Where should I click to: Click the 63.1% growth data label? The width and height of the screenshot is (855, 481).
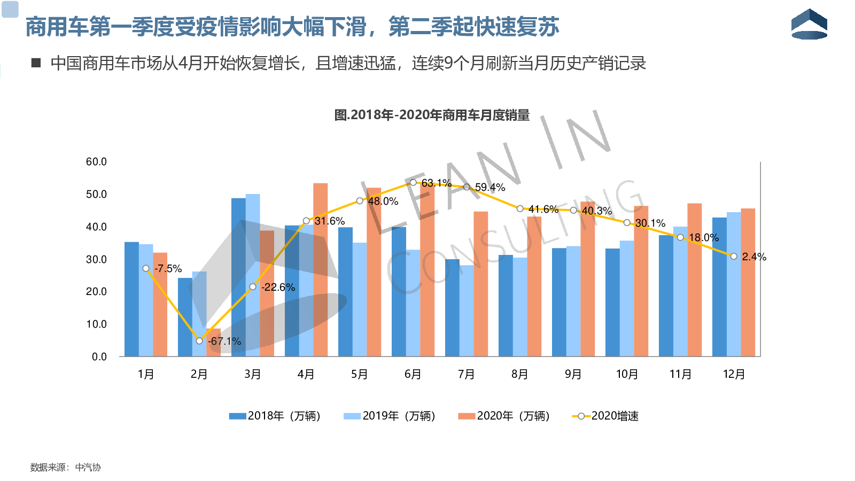pos(437,183)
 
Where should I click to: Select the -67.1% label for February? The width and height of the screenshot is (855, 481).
pos(224,341)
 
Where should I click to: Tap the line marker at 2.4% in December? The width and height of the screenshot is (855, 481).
pos(734,257)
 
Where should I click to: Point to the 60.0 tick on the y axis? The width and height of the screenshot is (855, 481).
pos(96,162)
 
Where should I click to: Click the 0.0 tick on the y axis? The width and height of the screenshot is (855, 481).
pos(99,356)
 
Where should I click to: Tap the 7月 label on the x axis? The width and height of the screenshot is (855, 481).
pos(466,374)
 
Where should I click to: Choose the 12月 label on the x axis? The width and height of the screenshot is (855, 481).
pos(734,374)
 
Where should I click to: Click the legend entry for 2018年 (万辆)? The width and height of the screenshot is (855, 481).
pos(275,416)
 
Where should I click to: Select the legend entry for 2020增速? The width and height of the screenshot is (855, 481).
pos(605,416)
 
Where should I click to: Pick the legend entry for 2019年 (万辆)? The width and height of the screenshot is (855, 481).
pos(390,416)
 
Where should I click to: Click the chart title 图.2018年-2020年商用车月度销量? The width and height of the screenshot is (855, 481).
pos(432,115)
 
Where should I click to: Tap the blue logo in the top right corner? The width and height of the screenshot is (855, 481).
pos(809,24)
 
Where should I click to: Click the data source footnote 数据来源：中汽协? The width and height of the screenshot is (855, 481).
pos(66,467)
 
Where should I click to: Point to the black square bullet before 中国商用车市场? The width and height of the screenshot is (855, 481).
pos(36,63)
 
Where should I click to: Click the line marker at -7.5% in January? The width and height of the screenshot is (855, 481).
pos(146,268)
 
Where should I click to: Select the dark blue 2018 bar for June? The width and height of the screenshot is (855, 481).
pos(399,291)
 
